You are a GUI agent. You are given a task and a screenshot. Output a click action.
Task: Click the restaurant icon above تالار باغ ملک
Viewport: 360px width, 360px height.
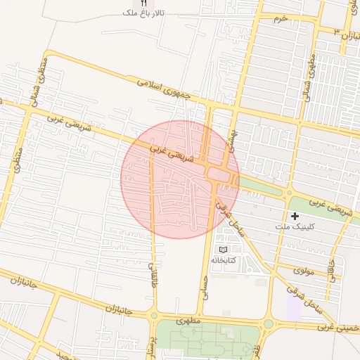pyautogui.click(x=144, y=3)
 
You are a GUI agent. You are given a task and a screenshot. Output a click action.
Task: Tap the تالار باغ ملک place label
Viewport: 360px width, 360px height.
pyautogui.click(x=143, y=13)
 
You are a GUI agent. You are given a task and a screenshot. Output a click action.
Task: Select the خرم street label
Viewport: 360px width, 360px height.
pyautogui.click(x=281, y=18)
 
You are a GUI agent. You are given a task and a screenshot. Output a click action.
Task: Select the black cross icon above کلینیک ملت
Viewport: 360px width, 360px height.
pyautogui.click(x=294, y=216)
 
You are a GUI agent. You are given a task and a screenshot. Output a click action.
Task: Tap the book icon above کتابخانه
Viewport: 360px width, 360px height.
pyautogui.click(x=224, y=250)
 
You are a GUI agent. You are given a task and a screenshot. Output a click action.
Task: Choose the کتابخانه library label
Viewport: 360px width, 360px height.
pyautogui.click(x=224, y=260)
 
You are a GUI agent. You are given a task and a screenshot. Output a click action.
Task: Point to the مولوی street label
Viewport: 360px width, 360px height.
pyautogui.click(x=303, y=269)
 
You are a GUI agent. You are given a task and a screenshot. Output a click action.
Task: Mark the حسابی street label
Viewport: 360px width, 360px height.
pyautogui.click(x=206, y=285)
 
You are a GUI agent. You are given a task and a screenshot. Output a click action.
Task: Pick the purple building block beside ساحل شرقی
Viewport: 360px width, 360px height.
pyautogui.click(x=293, y=309)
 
